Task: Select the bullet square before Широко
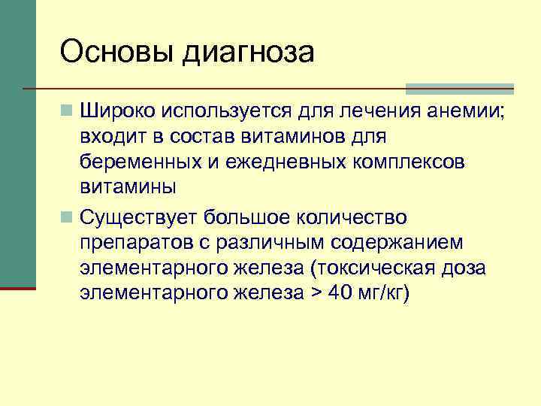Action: tap(68, 112)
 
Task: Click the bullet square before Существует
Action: tap(68, 218)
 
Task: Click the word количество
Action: tap(352, 218)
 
